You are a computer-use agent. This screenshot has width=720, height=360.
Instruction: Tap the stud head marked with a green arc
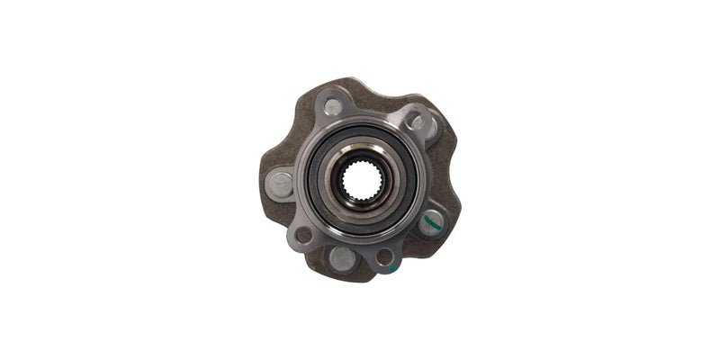pyautogui.click(x=430, y=220)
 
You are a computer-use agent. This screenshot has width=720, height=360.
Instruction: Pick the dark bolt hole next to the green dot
pyautogui.click(x=384, y=256)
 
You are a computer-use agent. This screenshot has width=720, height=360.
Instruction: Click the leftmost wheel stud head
pyautogui.click(x=281, y=185)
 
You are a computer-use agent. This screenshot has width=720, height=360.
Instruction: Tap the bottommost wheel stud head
pyautogui.click(x=343, y=258)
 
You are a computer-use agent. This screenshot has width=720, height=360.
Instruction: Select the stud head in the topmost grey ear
pyautogui.click(x=333, y=107)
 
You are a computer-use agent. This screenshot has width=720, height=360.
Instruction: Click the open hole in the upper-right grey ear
pyautogui.click(x=416, y=122)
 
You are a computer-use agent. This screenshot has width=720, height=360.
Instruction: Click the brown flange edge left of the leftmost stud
pyautogui.click(x=265, y=184)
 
